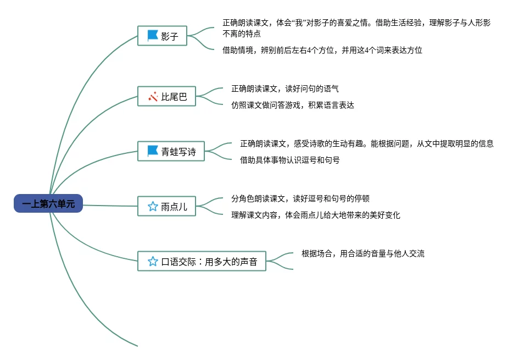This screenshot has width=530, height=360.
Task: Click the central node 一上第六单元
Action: (48, 204)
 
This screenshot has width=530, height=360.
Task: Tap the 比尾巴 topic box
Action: (167, 97)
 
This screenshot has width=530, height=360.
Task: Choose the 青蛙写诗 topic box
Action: (171, 151)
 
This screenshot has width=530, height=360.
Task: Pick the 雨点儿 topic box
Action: (167, 207)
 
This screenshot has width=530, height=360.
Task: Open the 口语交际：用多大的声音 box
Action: (202, 262)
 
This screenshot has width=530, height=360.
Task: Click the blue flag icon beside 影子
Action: (153, 36)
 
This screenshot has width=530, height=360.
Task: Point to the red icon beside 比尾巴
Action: (153, 97)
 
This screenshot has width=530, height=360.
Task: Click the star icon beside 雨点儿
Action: (153, 207)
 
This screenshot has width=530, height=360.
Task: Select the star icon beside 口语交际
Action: (153, 262)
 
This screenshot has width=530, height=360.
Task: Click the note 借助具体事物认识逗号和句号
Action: (290, 160)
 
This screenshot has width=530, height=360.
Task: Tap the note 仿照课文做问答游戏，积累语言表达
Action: (292, 105)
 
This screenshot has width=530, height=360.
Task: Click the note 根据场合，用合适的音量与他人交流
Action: (363, 253)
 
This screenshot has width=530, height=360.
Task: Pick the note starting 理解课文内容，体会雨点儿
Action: (316, 215)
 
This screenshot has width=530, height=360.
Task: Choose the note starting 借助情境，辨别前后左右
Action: (322, 50)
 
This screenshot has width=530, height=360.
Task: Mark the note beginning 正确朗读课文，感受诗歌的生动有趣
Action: (367, 143)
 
